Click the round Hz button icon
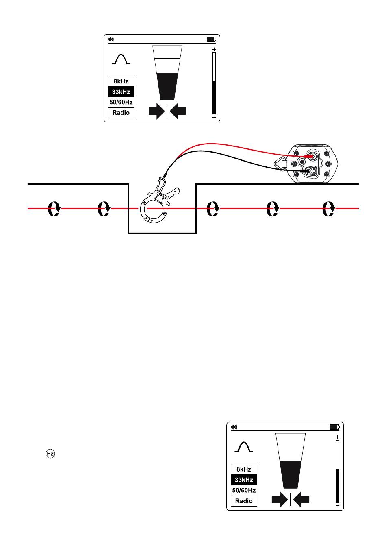point(50,453)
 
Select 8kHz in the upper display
point(121,81)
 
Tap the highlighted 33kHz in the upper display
point(121,92)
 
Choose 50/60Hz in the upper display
point(121,102)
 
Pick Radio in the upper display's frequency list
point(121,113)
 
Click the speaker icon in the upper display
point(111,39)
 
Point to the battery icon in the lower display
point(334,427)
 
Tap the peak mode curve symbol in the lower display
point(244,447)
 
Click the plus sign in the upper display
point(214,49)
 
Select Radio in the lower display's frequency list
point(244,501)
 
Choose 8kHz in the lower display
point(244,469)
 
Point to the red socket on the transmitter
point(312,156)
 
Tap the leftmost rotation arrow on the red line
point(54,208)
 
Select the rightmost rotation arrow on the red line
point(328,208)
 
